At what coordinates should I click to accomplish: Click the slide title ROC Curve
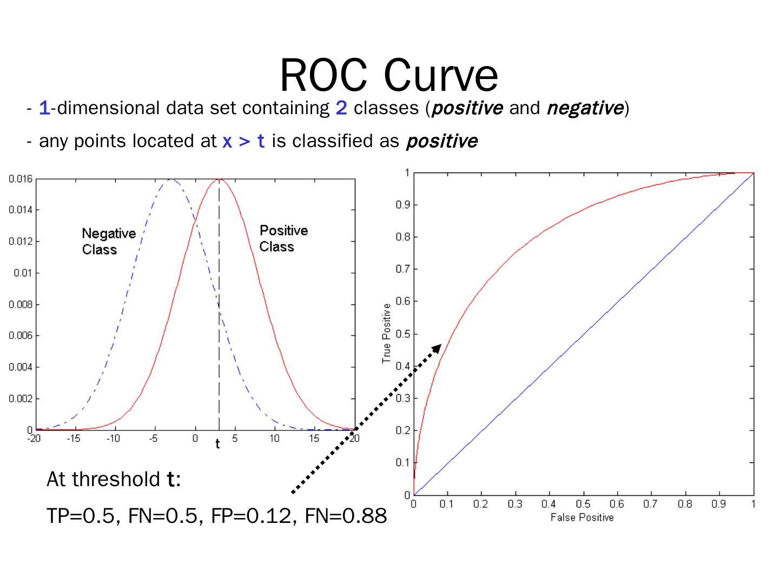pos(388,75)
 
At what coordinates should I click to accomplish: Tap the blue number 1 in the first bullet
pos(44,108)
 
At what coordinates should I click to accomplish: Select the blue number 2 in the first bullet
pos(341,108)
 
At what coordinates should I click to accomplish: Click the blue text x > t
pos(243,141)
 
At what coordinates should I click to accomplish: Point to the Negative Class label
pos(108,241)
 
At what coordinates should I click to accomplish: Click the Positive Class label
pos(283,238)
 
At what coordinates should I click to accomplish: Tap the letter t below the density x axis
pos(217,444)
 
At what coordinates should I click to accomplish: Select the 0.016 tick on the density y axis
pos(21,179)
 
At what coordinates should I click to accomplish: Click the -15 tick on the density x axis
pos(73,439)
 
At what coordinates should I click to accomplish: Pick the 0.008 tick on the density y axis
pos(21,304)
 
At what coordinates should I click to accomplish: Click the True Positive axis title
pos(386,333)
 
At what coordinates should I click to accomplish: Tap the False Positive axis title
pos(582,517)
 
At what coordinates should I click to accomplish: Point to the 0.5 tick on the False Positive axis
pos(583,505)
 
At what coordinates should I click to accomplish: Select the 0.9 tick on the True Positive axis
pos(402,205)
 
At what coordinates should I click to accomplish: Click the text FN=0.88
pos(346,516)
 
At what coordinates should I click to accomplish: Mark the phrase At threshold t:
pos(114,479)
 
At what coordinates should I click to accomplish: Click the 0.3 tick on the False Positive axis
pos(514,505)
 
